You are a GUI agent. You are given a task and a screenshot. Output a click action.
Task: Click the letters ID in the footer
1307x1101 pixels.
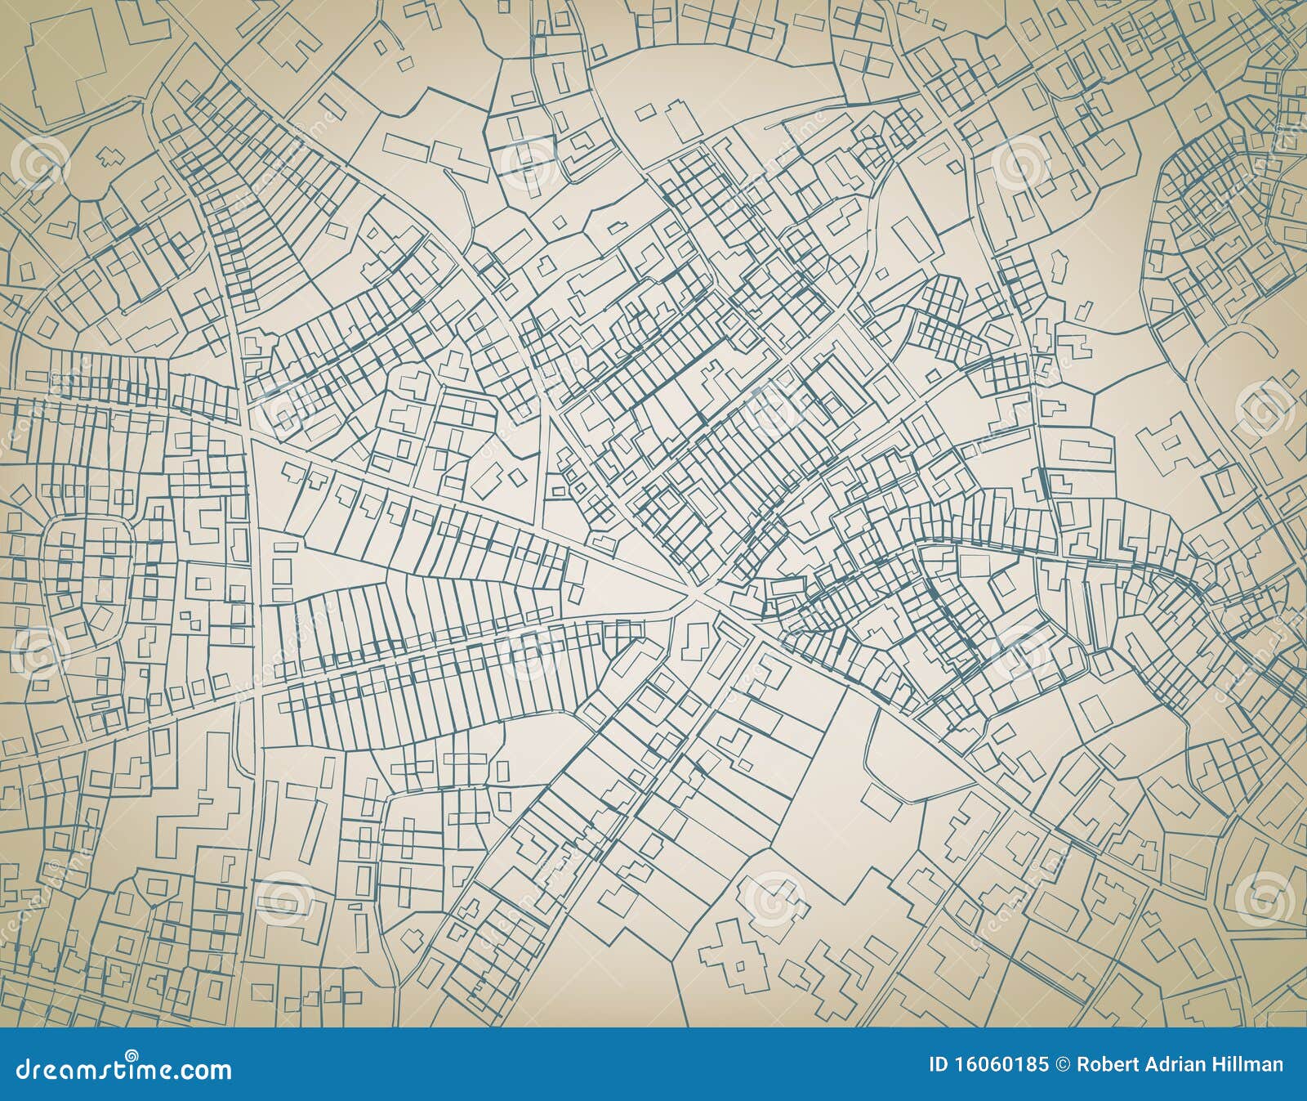939,1064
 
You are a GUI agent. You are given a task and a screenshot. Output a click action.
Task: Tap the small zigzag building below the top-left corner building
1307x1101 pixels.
106,155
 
